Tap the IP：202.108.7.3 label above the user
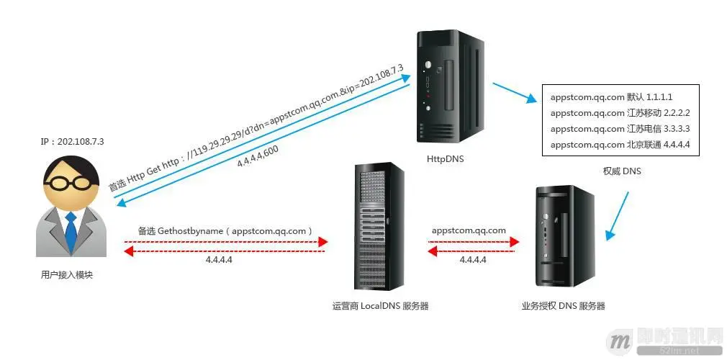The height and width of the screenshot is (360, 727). tap(73, 141)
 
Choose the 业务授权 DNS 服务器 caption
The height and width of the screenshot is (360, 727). tap(563, 305)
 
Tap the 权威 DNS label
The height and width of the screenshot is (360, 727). tap(621, 171)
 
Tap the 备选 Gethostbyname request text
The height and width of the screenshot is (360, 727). tap(225, 231)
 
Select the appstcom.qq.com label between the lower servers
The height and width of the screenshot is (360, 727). tap(469, 230)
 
